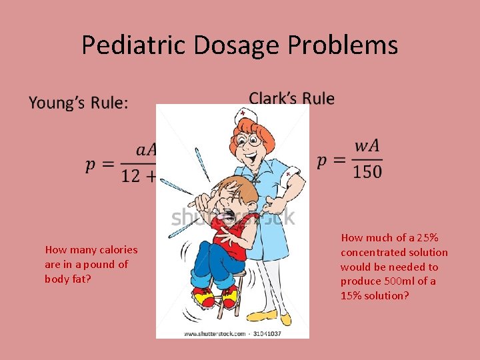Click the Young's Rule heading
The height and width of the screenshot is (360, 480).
pyautogui.click(x=79, y=103)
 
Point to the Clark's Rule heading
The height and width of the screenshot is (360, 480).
pyautogui.click(x=291, y=99)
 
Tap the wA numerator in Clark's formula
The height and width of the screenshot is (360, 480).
pyautogui.click(x=367, y=146)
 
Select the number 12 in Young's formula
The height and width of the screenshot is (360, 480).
pyautogui.click(x=131, y=176)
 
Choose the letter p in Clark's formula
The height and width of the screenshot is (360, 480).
pyautogui.click(x=323, y=160)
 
